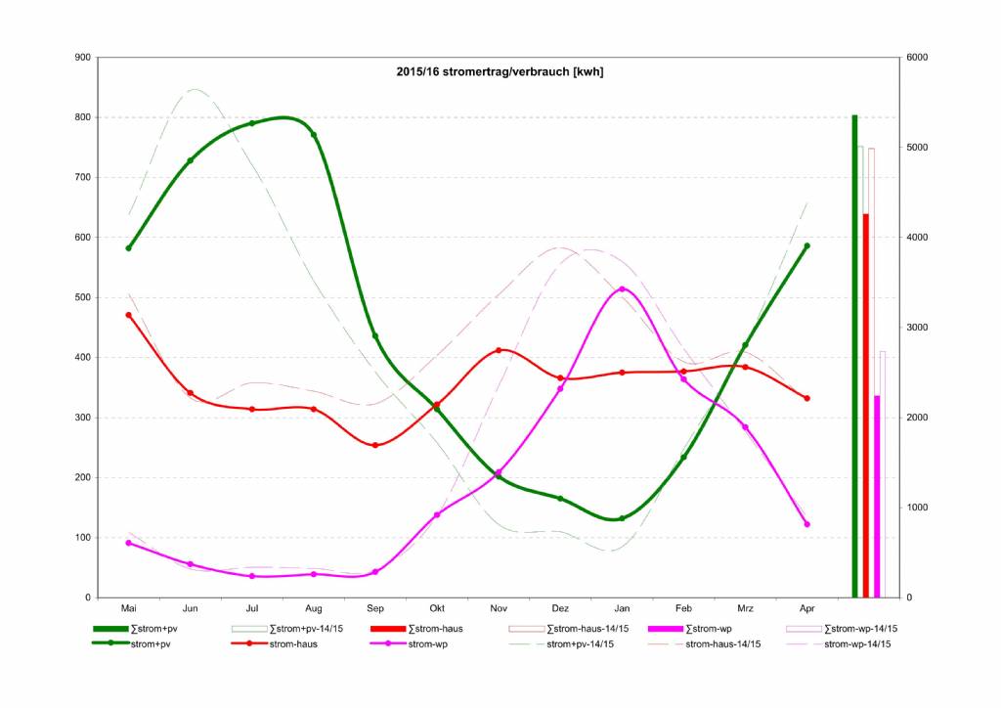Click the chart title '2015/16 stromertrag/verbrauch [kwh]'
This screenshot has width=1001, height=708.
500,71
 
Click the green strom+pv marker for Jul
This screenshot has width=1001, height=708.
252,123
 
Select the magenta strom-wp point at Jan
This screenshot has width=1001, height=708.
623,289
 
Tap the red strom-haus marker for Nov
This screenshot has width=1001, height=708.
499,350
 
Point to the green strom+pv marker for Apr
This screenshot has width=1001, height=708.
806,245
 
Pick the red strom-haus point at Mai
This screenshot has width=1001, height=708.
128,315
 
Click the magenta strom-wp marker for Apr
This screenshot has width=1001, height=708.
806,524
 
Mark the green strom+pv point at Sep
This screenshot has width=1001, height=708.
375,336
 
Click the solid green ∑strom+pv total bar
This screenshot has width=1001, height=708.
854,356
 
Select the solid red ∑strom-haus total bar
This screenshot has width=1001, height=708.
866,406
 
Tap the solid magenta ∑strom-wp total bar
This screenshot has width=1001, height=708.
877,496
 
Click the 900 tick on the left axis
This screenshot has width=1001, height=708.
83,58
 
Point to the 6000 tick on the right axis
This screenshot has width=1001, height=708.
917,58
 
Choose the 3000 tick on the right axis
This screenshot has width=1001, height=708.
917,328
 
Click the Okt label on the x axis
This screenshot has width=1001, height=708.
437,608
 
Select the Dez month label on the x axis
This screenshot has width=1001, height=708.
560,608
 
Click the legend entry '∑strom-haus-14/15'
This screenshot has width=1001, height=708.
569,629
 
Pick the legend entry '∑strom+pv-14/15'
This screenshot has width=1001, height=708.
287,629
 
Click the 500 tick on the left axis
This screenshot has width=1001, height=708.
83,297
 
